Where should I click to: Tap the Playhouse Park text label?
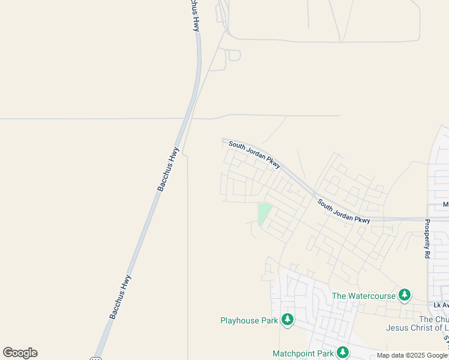pos(249,320)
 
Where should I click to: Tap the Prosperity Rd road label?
pos(427,239)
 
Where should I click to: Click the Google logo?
pos(20,353)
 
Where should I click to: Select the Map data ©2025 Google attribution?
pos(412,355)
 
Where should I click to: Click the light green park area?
pos(264,212)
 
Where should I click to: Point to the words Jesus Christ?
pos(409,328)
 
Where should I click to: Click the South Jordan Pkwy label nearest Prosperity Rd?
pos(344,211)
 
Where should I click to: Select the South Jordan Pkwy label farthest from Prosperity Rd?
pos(255,155)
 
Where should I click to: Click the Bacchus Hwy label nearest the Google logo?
pos(121,296)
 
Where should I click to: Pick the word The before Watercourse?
pos(340,296)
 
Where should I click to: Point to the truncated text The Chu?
pos(433,319)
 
